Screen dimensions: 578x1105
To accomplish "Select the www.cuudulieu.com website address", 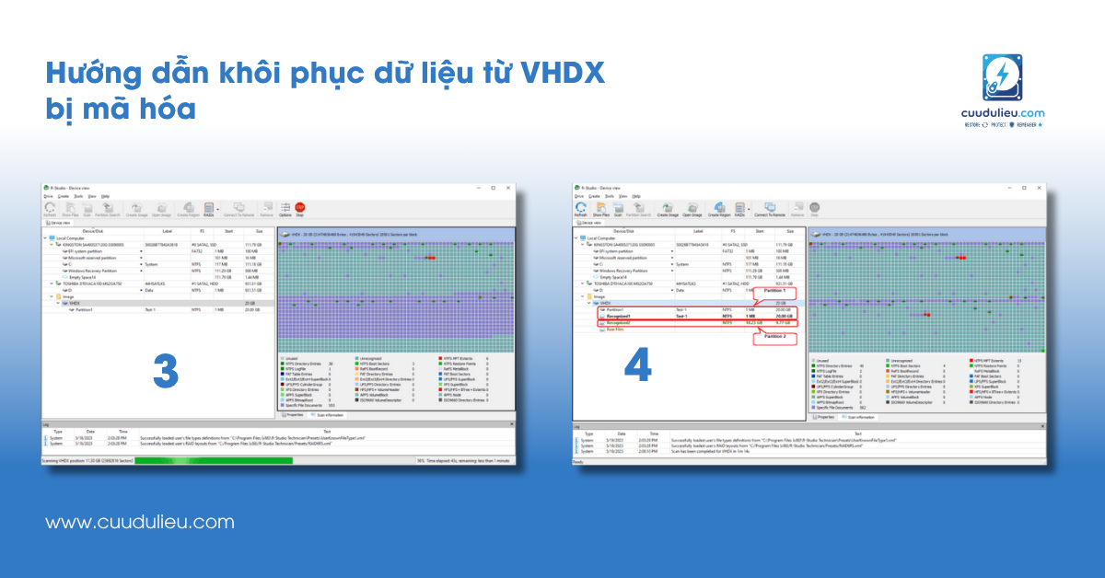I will (140, 522).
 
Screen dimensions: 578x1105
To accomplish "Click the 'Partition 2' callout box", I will (772, 338).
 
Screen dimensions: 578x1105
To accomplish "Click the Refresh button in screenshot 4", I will (581, 211).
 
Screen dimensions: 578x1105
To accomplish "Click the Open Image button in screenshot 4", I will (692, 211).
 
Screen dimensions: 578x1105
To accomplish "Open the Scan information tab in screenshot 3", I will (330, 414).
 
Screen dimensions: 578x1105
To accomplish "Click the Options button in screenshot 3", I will (285, 211).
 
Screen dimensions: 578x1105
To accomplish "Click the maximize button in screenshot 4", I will (1023, 188).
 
